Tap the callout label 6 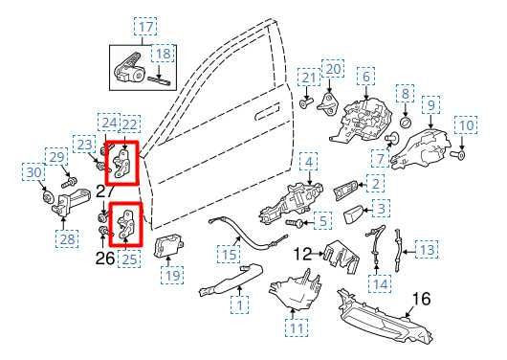coord(364,75)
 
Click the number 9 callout coord(431,104)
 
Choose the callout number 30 coord(35,173)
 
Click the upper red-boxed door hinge coord(122,161)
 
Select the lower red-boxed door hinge coord(124,224)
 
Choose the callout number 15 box coord(227,256)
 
